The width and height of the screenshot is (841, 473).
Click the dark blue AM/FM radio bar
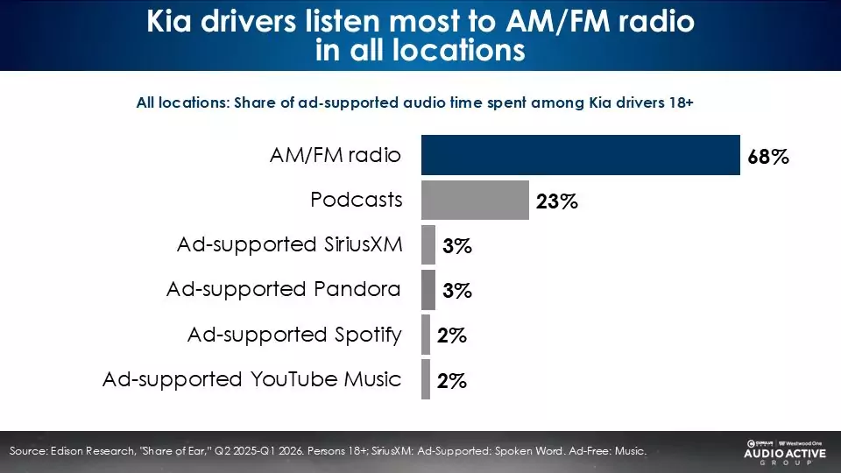point(580,155)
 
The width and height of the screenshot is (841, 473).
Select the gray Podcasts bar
point(475,200)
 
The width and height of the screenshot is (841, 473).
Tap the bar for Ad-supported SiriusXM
point(428,244)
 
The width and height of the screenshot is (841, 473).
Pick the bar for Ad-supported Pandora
point(428,290)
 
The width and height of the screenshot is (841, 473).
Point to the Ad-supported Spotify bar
point(426,335)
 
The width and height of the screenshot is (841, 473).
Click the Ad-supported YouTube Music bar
point(426,379)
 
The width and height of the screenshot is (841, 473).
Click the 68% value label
point(768,157)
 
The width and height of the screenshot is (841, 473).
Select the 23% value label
point(557,201)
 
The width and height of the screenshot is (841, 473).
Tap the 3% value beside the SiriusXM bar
point(457,246)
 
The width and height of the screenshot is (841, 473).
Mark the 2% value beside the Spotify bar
point(452,335)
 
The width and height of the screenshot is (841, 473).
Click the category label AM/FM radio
point(336,155)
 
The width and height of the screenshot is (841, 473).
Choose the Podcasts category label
point(357,200)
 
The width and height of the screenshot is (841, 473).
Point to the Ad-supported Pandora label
point(284,290)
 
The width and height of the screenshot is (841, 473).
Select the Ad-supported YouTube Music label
point(252,379)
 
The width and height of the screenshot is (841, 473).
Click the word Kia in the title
point(169,21)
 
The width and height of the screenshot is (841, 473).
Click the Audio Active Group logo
point(785,452)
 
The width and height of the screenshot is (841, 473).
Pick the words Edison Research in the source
point(92,451)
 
